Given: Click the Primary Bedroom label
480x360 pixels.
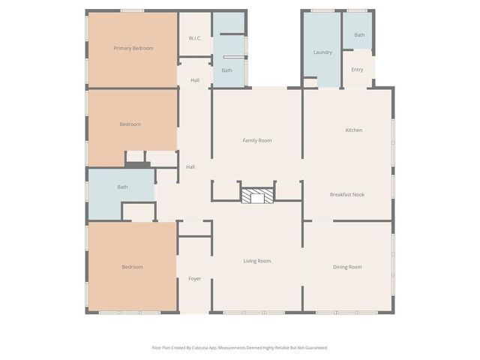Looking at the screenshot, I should pyautogui.click(x=133, y=48).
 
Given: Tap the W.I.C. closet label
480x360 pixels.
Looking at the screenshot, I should pyautogui.click(x=194, y=38).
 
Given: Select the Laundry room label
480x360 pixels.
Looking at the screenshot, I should pyautogui.click(x=322, y=52).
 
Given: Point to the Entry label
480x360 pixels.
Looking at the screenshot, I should pyautogui.click(x=357, y=70).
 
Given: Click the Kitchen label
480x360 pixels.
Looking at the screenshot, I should pyautogui.click(x=353, y=130).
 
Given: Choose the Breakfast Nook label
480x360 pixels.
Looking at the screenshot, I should pyautogui.click(x=347, y=194).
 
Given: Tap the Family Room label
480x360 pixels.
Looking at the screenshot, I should pyautogui.click(x=256, y=140).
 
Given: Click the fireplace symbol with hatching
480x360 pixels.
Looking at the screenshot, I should pyautogui.click(x=256, y=195).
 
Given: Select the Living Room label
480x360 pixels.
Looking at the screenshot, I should pyautogui.click(x=256, y=261).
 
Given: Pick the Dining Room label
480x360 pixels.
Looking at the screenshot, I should pyautogui.click(x=347, y=267).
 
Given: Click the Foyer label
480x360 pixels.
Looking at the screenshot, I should pyautogui.click(x=194, y=279).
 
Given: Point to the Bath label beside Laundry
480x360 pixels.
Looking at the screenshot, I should pyautogui.click(x=359, y=34).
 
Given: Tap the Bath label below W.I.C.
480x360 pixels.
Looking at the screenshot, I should pyautogui.click(x=226, y=70).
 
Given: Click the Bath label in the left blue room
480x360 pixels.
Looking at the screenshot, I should pyautogui.click(x=122, y=187).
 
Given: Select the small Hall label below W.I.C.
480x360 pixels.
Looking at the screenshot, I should pyautogui.click(x=195, y=80).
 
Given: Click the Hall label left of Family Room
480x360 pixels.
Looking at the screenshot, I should pyautogui.click(x=190, y=166).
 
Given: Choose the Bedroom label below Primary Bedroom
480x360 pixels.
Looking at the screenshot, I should pyautogui.click(x=130, y=124).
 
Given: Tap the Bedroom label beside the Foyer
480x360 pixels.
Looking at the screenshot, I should pyautogui.click(x=133, y=267).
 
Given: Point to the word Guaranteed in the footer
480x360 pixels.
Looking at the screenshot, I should pyautogui.click(x=313, y=347).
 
